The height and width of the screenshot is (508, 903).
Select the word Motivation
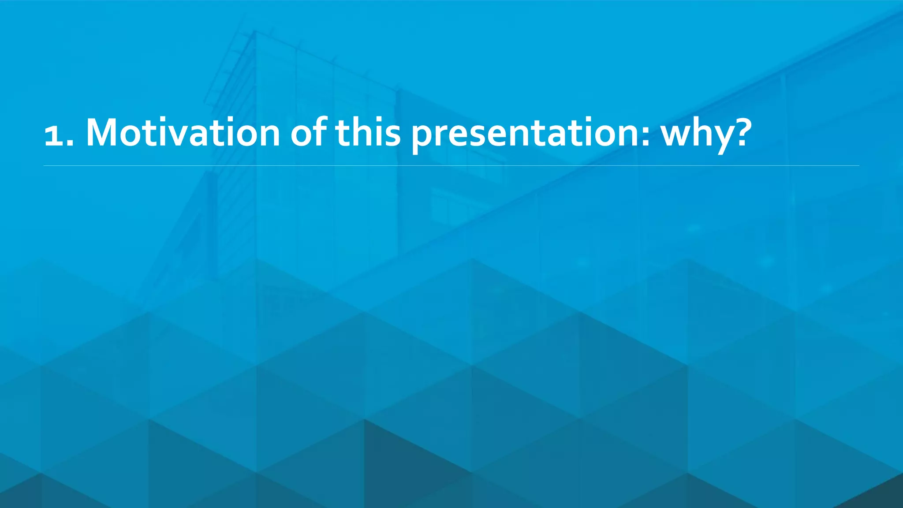[x=183, y=132]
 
